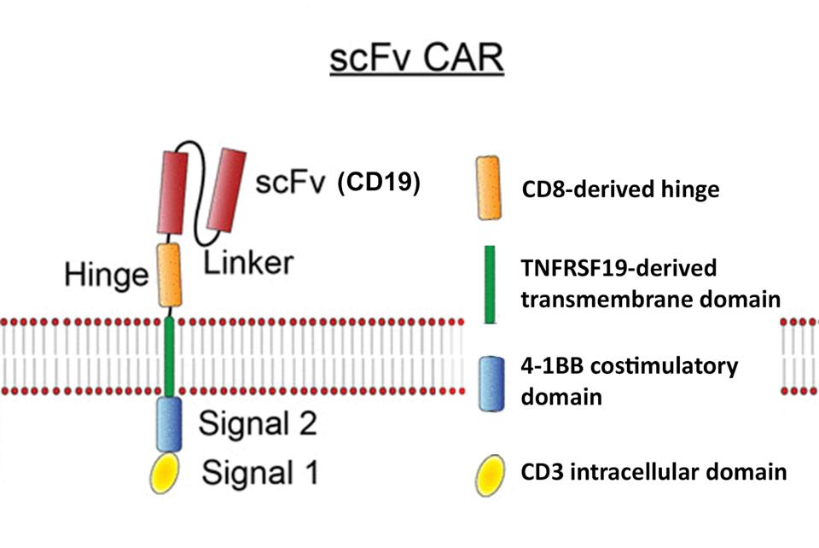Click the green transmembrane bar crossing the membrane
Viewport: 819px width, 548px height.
(x=171, y=353)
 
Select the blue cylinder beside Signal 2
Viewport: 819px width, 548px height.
(x=170, y=423)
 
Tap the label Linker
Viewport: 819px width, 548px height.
(x=248, y=262)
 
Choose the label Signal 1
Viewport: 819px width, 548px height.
(x=259, y=471)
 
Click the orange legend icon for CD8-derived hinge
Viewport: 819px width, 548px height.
(x=490, y=188)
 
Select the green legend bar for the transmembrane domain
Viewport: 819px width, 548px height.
(x=490, y=284)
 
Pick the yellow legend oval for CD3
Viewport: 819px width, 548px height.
(x=491, y=472)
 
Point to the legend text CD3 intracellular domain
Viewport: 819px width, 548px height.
(x=653, y=471)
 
